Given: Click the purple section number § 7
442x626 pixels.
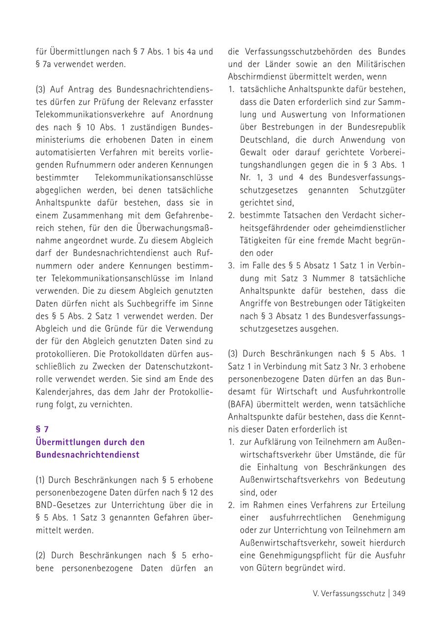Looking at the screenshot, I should [42, 429].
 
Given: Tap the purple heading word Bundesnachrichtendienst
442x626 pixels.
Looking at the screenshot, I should [87, 455].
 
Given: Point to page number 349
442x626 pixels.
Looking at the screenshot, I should [399, 593].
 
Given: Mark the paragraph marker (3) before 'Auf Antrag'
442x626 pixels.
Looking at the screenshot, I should [41, 89].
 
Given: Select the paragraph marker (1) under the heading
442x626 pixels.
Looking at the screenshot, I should [41, 480].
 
